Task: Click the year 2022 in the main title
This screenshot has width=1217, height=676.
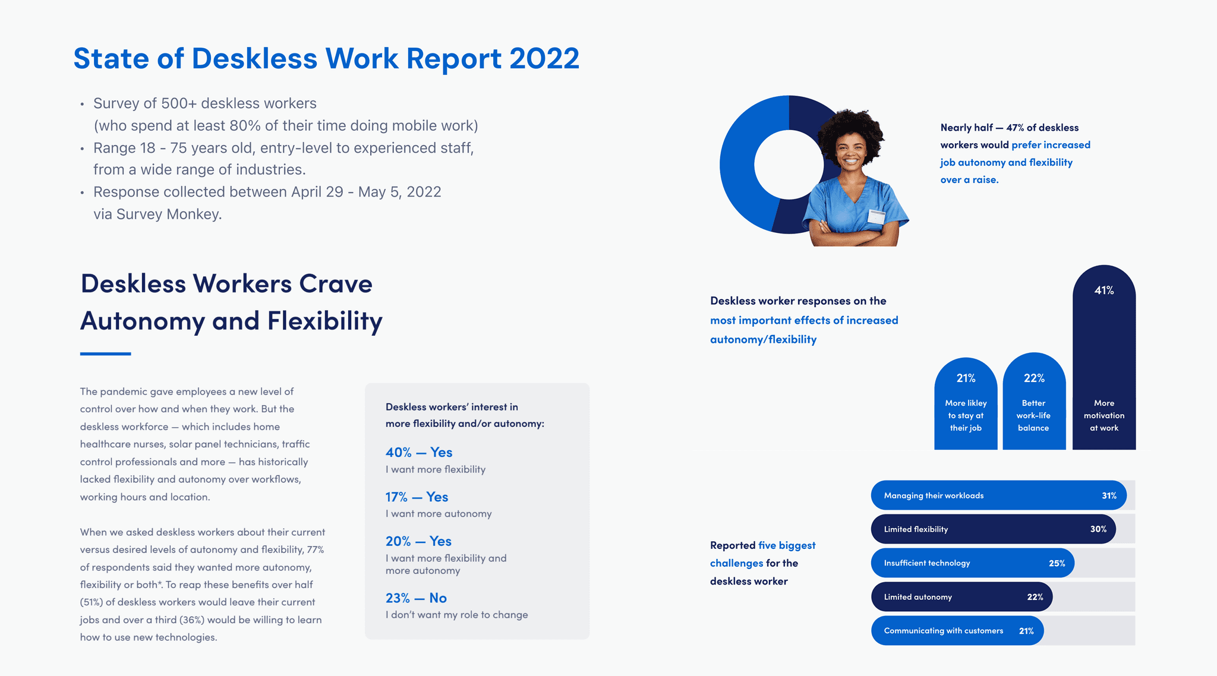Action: tap(544, 59)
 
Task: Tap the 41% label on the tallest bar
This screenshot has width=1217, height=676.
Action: tap(1104, 290)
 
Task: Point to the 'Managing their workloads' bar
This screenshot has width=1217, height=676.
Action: tap(998, 495)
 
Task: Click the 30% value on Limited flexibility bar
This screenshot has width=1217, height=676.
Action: tap(1098, 529)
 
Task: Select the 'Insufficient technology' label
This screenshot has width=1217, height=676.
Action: tap(926, 563)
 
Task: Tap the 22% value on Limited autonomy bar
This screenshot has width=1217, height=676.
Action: tap(1035, 597)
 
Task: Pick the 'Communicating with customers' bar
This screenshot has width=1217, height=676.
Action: tap(957, 631)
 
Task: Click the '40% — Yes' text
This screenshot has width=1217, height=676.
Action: tap(419, 453)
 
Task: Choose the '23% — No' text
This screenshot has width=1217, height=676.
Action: tap(416, 598)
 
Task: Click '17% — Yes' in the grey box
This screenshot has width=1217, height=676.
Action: tap(417, 497)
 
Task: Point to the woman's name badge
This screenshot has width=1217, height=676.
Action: tap(876, 217)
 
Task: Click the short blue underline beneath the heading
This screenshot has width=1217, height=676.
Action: tap(105, 354)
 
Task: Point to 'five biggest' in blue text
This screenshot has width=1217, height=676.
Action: tap(787, 545)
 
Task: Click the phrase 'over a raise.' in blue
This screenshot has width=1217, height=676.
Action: tap(969, 180)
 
